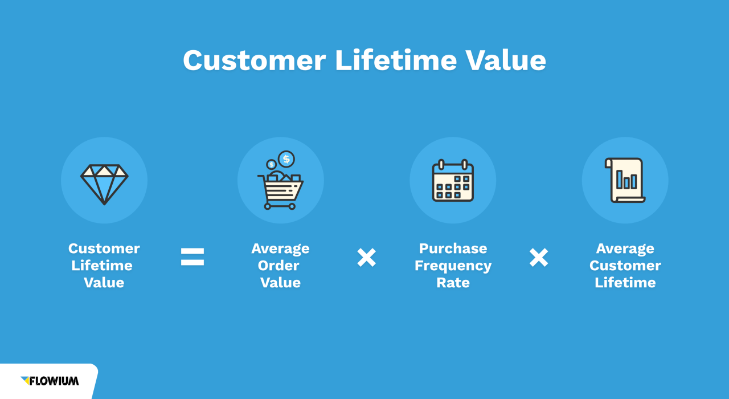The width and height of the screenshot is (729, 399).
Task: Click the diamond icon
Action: click(104, 184)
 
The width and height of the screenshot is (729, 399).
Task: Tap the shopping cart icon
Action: click(280, 188)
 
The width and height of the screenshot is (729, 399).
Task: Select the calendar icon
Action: click(453, 181)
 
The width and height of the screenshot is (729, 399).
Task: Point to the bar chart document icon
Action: click(625, 180)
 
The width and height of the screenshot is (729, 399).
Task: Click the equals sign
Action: click(193, 257)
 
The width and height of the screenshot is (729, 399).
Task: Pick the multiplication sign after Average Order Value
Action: click(366, 258)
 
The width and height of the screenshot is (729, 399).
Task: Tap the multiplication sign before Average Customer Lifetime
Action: click(538, 258)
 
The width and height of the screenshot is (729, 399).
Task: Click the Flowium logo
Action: click(50, 381)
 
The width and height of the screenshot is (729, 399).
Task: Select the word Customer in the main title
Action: click(254, 60)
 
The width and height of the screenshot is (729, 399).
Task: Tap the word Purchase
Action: click(453, 249)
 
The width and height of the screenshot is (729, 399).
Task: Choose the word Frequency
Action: click(453, 266)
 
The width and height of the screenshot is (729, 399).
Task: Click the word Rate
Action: click(453, 283)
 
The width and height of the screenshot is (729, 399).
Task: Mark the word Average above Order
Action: click(280, 249)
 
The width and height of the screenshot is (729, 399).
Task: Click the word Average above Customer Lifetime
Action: click(625, 249)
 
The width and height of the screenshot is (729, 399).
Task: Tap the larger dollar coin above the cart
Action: click(286, 159)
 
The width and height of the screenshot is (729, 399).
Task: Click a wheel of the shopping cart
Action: click(268, 206)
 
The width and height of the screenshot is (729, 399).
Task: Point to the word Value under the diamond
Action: click(104, 283)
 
